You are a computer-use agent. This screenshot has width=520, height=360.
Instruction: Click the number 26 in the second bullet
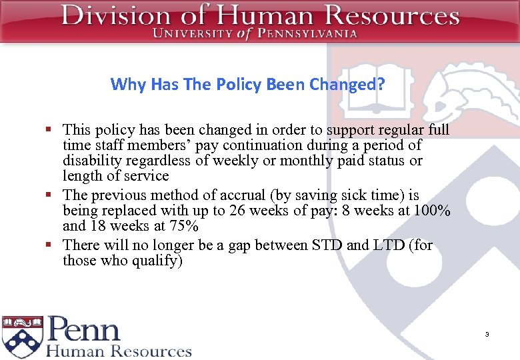[237, 211]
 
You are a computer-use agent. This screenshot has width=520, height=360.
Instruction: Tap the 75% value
[185, 226]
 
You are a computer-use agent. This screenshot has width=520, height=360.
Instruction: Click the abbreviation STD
[327, 245]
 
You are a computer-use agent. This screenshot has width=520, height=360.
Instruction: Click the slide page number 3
[487, 334]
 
